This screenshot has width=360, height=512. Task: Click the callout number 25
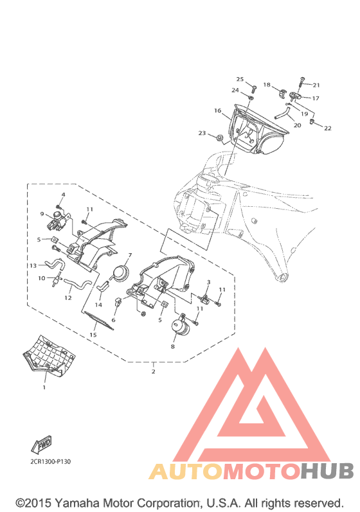(x=240, y=79)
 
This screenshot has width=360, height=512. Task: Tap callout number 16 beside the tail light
(x=217, y=110)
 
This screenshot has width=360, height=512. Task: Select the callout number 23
(x=202, y=133)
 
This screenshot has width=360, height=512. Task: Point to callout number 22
(x=328, y=128)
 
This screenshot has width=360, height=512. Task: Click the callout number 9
(x=42, y=214)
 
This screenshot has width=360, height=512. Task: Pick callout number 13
(x=33, y=265)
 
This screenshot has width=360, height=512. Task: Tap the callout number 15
(x=93, y=335)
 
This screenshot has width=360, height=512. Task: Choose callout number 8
(x=173, y=346)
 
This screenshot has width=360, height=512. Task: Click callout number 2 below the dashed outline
(x=153, y=371)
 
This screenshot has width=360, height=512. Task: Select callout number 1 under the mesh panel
(x=44, y=387)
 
